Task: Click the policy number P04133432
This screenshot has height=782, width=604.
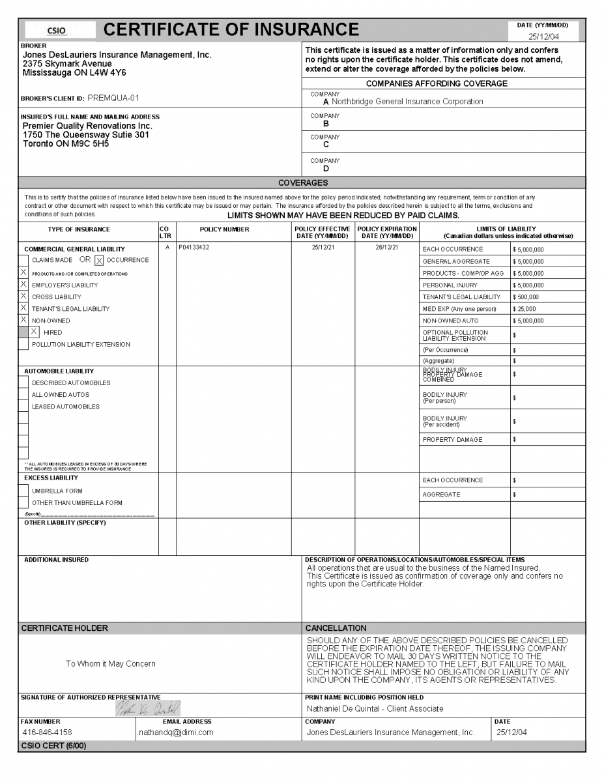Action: pos(194,248)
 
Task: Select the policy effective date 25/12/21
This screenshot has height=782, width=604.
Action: pos(323,248)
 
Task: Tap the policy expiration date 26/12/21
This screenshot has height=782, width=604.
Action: pos(386,248)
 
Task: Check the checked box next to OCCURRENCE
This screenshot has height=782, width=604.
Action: pos(99,261)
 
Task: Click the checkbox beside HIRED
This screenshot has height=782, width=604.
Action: pos(34,332)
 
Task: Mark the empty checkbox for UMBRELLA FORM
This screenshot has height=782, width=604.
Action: pos(23,491)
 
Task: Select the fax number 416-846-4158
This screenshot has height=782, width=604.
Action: pos(47,732)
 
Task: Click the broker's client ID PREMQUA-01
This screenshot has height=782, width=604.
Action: pos(113,98)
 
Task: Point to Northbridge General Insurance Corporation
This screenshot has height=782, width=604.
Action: pos(407,102)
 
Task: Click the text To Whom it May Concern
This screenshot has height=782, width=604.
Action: pos(111,664)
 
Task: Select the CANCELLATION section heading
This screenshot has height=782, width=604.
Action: pos(336,628)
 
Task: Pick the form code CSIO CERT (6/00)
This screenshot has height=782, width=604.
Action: pos(53,746)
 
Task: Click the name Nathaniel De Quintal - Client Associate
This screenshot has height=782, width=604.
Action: pos(375,708)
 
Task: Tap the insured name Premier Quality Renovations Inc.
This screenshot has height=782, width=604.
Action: pos(87,126)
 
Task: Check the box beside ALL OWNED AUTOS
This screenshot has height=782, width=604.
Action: pos(23,395)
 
